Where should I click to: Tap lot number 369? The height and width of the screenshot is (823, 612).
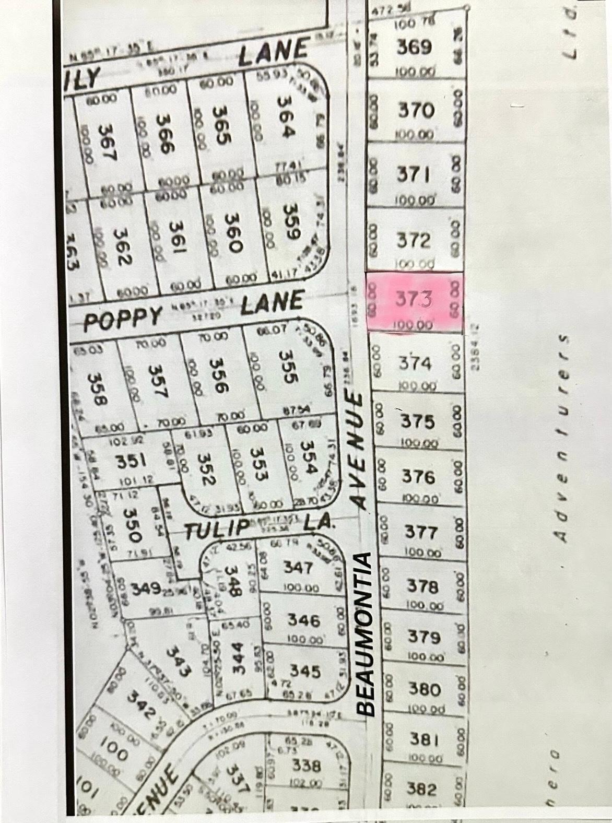coord(414,48)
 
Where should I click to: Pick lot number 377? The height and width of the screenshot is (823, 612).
coord(420,532)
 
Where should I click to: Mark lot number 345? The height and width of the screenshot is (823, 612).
coord(305,671)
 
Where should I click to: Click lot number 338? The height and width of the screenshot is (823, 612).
coord(306,766)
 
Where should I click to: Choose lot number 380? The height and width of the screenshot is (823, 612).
coord(424,689)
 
